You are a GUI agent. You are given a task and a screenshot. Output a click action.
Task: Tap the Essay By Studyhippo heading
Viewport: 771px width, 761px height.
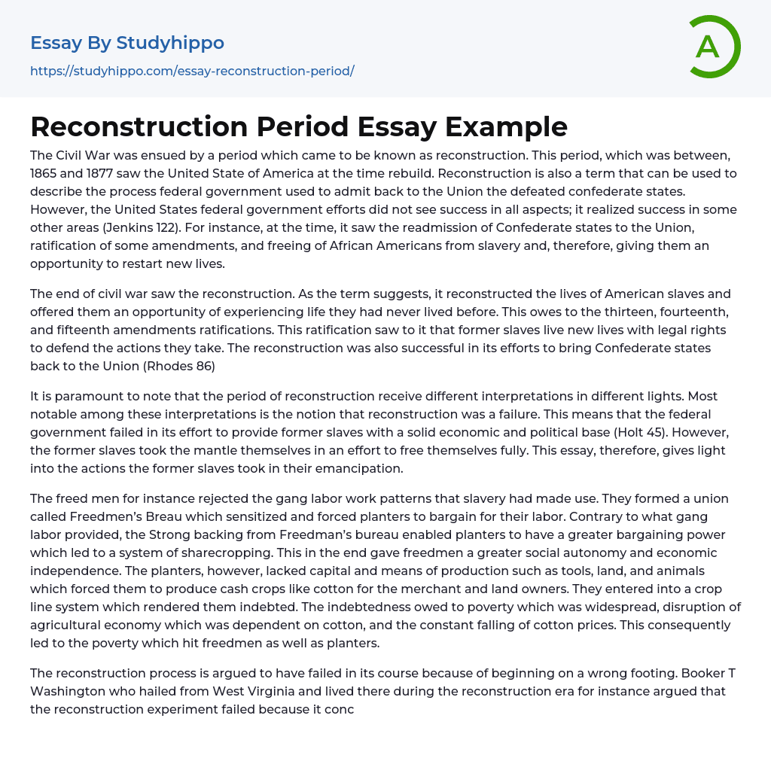(127, 43)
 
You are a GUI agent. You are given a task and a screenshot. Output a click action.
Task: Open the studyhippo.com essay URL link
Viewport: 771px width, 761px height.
(192, 71)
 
